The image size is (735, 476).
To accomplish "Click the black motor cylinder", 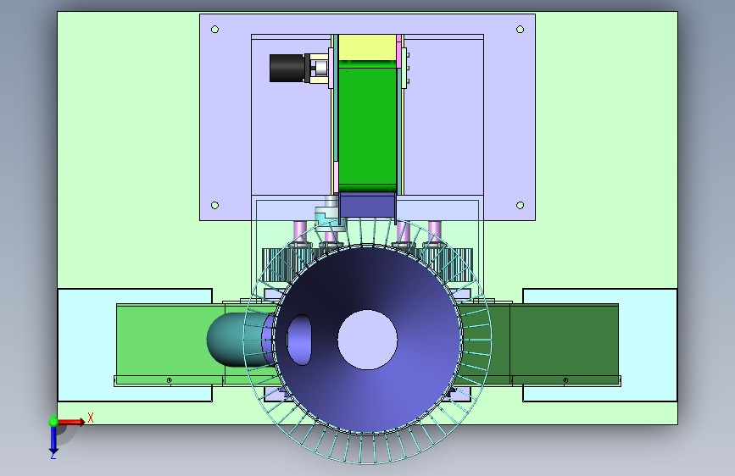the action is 287,68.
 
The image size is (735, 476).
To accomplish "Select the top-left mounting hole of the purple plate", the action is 214,30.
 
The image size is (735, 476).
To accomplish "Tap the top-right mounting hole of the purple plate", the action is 520,30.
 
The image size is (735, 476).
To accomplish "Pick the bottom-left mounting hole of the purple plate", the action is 214,205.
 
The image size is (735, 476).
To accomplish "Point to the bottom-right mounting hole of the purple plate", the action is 520,205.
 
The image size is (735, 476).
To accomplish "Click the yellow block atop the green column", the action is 368,47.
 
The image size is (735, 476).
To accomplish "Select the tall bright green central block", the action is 368,125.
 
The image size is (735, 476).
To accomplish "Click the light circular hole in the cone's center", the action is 368,340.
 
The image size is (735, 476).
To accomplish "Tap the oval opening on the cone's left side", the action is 299,340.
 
